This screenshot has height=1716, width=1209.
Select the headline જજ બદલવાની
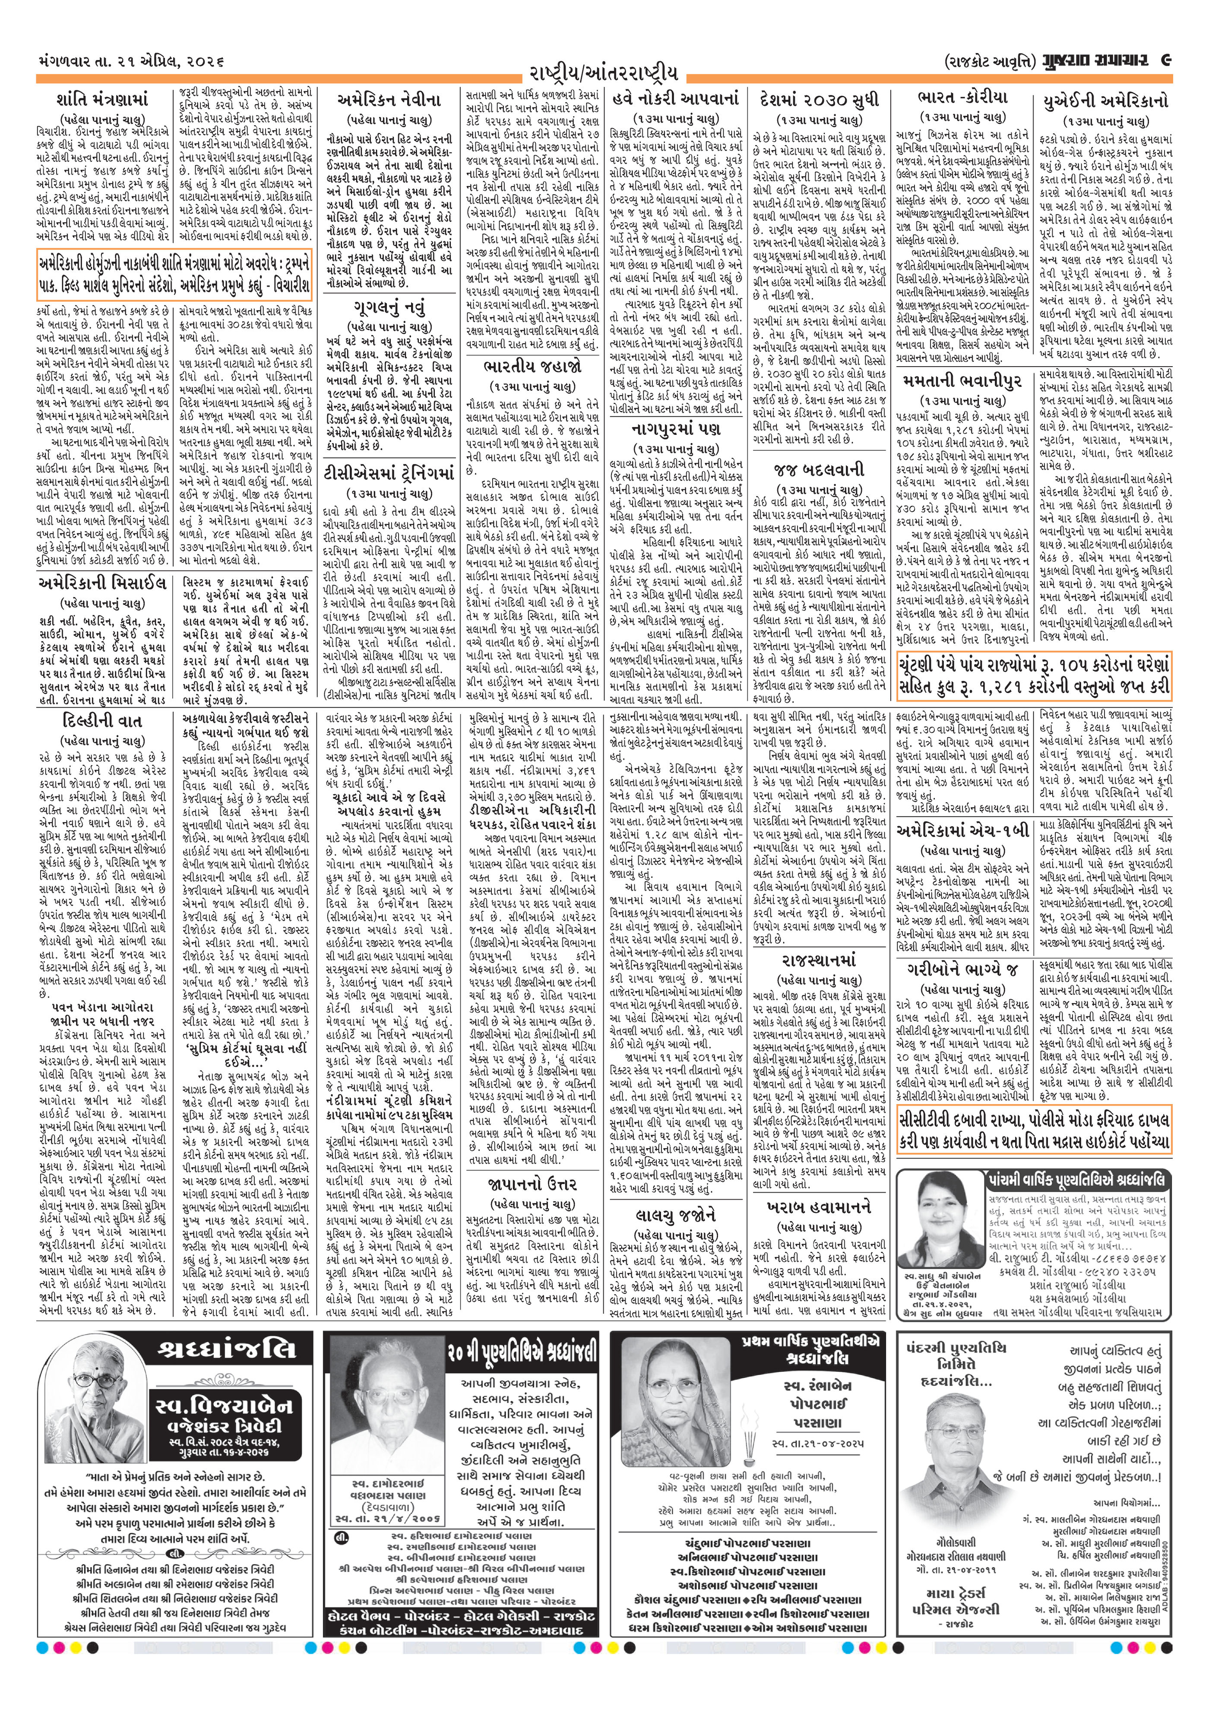819,469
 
